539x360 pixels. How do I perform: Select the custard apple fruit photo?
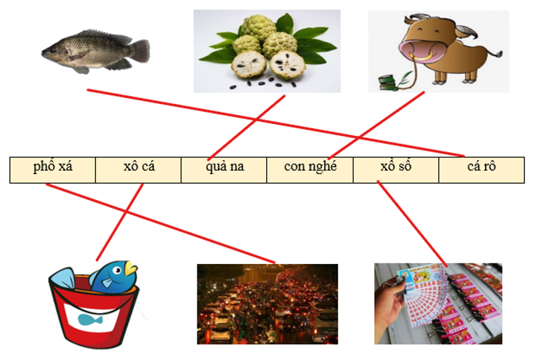point(267,51)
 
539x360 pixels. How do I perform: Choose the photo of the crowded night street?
point(267,303)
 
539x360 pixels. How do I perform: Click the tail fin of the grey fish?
point(139,50)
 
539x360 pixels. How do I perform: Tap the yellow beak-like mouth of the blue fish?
point(129,269)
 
